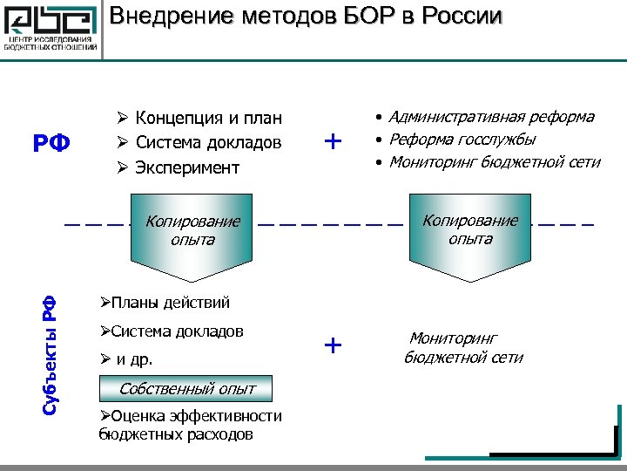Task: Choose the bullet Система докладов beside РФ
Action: pos(208,142)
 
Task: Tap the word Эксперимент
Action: pos(186,167)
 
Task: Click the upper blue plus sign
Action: pos(333,141)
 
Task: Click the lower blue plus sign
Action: pos(333,345)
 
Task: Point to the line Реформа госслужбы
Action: pos(462,140)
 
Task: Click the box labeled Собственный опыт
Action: pos(187,388)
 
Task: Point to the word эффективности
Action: pos(219,416)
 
